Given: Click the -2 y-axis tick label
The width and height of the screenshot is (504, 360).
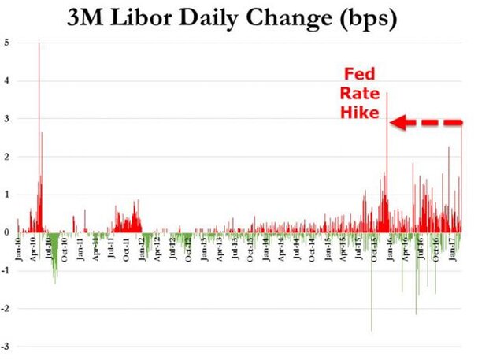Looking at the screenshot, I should point(6,309).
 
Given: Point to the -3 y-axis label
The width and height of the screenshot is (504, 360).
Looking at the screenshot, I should point(6,347).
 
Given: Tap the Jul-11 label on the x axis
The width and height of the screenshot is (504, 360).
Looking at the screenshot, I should point(112,254).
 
